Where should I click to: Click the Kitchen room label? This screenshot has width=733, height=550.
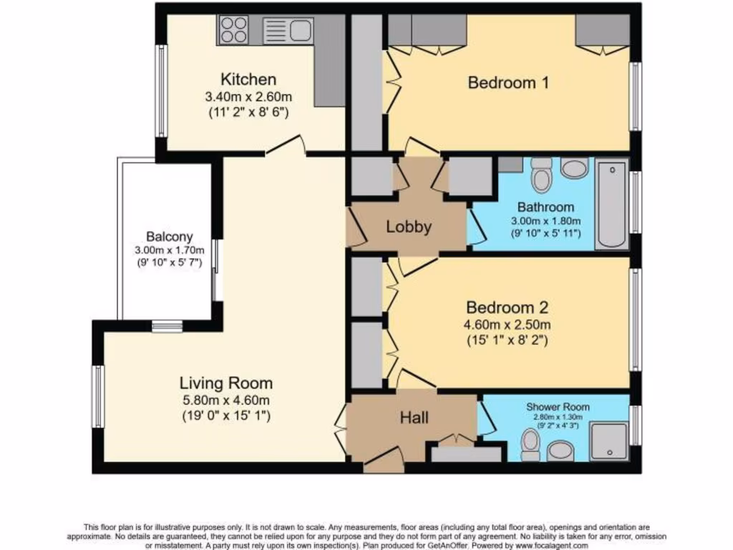pyautogui.click(x=248, y=79)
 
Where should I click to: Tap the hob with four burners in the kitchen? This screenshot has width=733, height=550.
pyautogui.click(x=233, y=30)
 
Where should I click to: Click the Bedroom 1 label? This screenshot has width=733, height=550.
pyautogui.click(x=508, y=83)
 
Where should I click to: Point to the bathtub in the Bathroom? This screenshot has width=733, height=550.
pyautogui.click(x=611, y=204)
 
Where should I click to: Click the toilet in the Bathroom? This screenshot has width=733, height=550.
pyautogui.click(x=542, y=174)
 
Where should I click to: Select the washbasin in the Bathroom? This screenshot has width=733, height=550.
pyautogui.click(x=574, y=168)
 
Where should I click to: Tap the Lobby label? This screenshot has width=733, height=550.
pyautogui.click(x=409, y=227)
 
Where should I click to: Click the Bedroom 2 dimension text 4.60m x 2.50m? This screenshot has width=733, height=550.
pyautogui.click(x=507, y=325)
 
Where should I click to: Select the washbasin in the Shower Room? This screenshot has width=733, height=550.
pyautogui.click(x=560, y=450)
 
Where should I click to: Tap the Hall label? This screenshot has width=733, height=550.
pyautogui.click(x=414, y=417)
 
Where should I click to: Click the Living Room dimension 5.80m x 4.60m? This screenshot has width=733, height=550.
pyautogui.click(x=225, y=400)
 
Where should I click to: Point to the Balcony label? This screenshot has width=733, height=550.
pyautogui.click(x=169, y=236)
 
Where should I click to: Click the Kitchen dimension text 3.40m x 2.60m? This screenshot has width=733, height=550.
pyautogui.click(x=248, y=97)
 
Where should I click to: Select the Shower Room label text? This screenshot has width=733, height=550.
pyautogui.click(x=557, y=406)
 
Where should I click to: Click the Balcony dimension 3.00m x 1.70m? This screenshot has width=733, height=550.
pyautogui.click(x=169, y=250)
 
